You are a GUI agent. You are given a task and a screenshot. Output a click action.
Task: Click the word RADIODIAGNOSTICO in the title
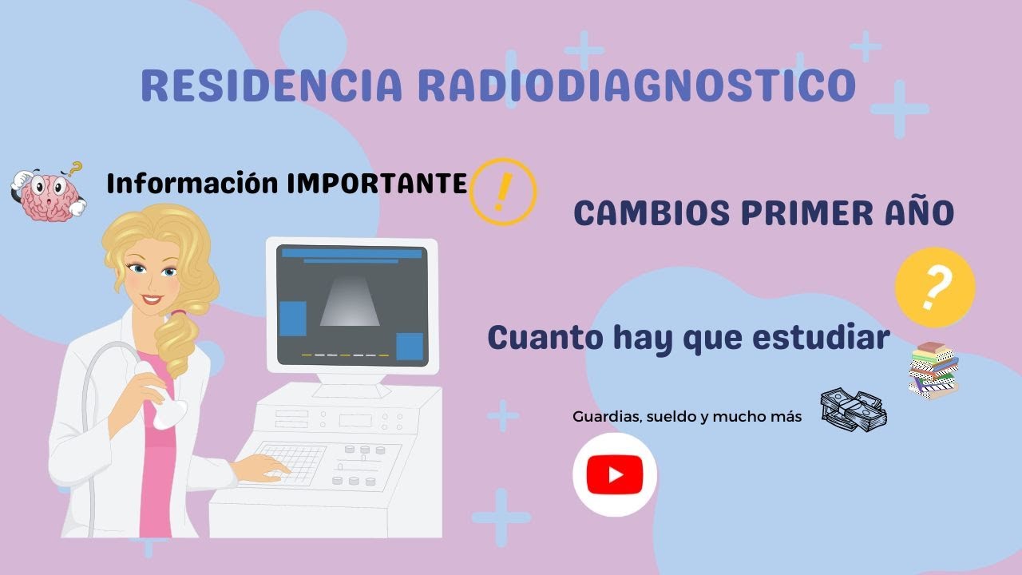tap(637, 85)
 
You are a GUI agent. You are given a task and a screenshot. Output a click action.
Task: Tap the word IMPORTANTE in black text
tap(377, 184)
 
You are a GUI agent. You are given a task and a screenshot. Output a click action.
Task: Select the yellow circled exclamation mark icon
tap(503, 192)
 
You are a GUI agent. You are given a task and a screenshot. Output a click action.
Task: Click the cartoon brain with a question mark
tap(48, 193)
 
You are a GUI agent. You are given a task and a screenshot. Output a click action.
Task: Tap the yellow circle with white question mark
tap(935, 287)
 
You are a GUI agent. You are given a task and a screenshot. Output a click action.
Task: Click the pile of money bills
tap(854, 410)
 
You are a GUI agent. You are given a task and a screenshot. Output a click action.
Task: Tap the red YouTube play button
tap(615, 475)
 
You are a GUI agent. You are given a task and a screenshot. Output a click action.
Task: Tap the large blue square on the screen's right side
tap(410, 347)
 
